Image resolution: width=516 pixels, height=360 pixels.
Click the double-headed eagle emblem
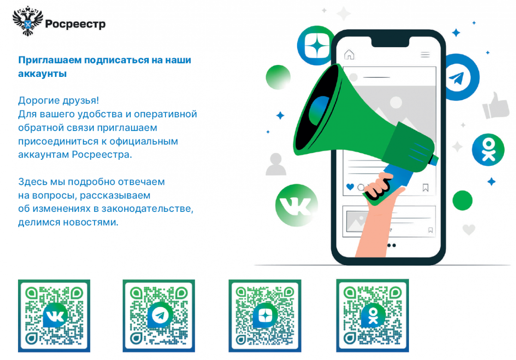coord(28,21)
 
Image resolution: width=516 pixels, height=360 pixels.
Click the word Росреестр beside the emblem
coord(75,24)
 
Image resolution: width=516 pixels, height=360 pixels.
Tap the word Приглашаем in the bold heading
coord(50,60)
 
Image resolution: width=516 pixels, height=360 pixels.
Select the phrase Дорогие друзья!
coord(58,101)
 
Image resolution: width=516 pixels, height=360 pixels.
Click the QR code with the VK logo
coord(54,316)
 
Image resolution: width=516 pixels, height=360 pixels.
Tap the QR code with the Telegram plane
coord(159,316)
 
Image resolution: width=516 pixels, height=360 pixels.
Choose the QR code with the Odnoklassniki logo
coord(372,316)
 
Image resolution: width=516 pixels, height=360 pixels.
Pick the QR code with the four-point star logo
coord(265,316)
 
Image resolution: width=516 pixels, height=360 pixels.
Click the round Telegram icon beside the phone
coord(460,77)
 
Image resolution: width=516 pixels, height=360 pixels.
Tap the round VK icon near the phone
coord(296,205)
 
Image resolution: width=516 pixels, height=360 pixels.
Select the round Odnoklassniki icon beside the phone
coord(488,150)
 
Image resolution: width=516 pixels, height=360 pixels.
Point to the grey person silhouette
coord(276,164)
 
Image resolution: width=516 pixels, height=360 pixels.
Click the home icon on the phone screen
coord(349,55)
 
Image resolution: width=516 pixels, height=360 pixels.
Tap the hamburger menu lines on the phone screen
coord(425,55)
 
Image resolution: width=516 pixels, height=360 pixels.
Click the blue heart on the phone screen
coord(350,187)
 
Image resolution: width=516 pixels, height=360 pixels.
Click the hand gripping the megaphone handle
coord(378,186)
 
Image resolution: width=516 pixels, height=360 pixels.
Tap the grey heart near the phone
coord(469,229)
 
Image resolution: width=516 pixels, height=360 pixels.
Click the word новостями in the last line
coord(91,223)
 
